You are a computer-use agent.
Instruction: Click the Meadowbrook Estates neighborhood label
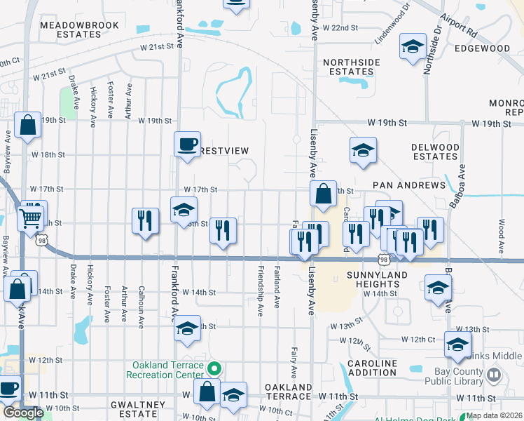[x=69, y=29]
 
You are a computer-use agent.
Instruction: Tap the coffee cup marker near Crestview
[x=187, y=145]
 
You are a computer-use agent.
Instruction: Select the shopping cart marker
[x=30, y=219]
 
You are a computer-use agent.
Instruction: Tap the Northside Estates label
[x=352, y=67]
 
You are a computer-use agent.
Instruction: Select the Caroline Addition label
[x=371, y=368]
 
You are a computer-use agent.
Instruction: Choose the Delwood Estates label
[x=435, y=152]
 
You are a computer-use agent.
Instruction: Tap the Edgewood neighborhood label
[x=482, y=48]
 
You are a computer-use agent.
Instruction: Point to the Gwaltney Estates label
[x=137, y=409]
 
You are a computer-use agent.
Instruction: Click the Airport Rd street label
[x=459, y=26]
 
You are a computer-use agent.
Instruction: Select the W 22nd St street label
[x=340, y=27]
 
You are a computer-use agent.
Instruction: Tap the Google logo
[x=23, y=413]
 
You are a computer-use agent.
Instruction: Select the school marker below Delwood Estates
[x=363, y=150]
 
